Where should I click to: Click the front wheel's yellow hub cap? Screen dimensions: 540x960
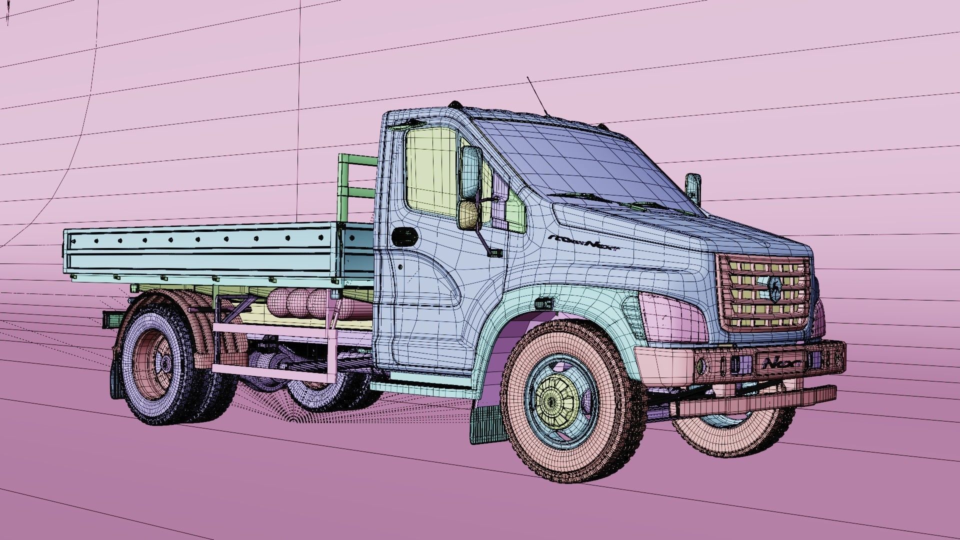click(x=551, y=400)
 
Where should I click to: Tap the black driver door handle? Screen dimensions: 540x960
click(x=403, y=236)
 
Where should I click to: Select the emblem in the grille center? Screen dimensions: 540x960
click(x=773, y=290)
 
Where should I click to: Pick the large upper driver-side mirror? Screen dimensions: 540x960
click(x=471, y=172)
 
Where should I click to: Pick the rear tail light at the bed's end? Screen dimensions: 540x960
click(x=110, y=318)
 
